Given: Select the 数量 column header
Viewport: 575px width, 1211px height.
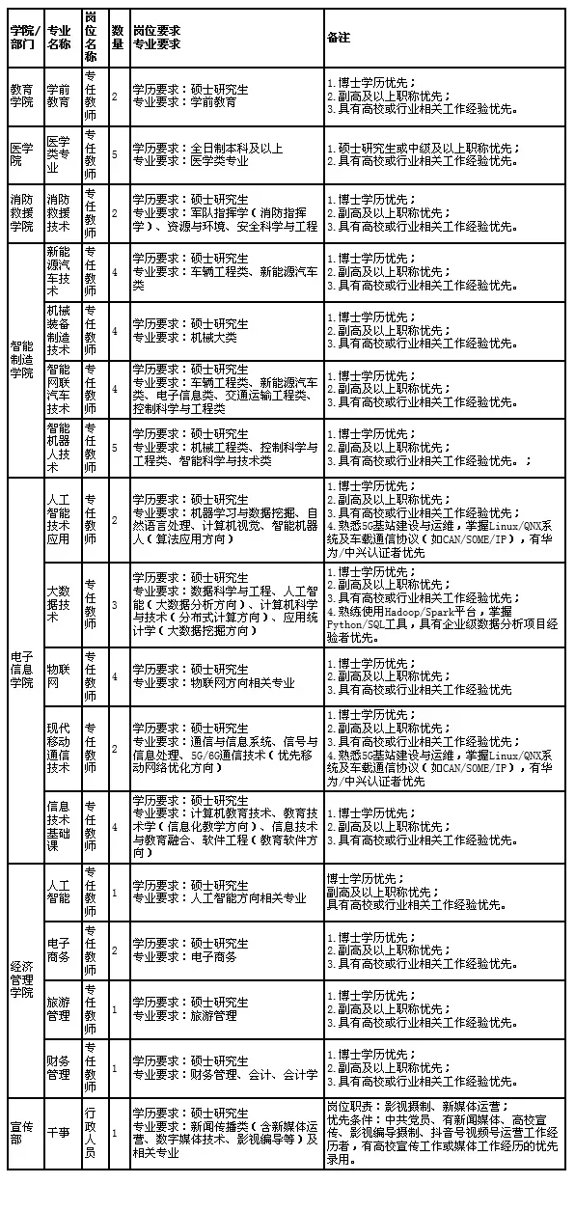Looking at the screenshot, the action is point(118,38).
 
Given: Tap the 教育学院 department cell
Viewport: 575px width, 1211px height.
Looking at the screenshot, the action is point(21,96).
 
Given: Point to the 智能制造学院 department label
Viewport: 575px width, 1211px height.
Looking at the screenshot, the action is point(21,359).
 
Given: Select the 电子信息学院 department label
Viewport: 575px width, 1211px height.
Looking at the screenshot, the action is point(21,669).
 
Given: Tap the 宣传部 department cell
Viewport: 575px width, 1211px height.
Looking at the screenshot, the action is point(21,1132).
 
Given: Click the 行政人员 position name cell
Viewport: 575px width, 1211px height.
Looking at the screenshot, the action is point(91,1132).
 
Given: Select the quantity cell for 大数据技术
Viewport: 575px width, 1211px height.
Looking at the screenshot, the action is point(116,604).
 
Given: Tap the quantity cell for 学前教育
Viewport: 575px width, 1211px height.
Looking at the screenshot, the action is point(116,96).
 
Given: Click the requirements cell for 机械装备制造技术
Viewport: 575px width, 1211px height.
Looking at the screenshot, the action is point(227,331).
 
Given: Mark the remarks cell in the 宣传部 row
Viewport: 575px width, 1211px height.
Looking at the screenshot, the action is point(444,1132).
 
